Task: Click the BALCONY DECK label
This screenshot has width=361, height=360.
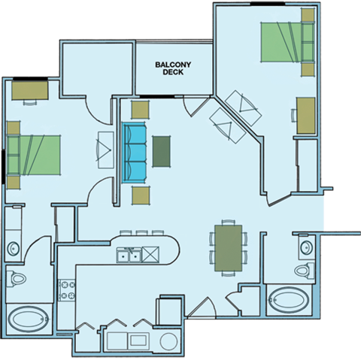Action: click(174, 68)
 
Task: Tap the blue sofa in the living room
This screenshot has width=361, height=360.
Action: click(135, 151)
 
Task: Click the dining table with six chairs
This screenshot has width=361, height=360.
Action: click(226, 247)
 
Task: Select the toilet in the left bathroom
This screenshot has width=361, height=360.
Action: click(16, 279)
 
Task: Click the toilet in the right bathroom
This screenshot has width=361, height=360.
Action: click(303, 270)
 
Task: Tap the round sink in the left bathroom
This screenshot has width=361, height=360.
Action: click(13, 247)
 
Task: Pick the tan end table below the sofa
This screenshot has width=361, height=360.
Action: click(141, 195)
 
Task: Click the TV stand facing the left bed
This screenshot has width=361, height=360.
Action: click(102, 150)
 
